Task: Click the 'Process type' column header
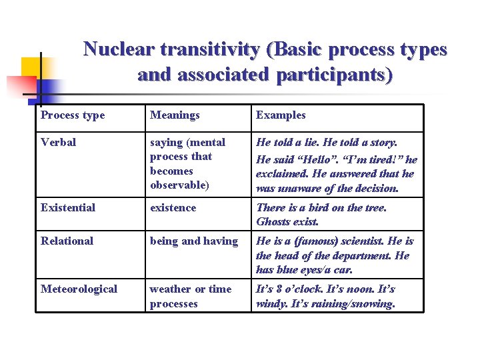tap(73, 115)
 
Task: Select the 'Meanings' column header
tap(175, 115)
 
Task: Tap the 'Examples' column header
tap(281, 115)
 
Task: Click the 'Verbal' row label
tap(59, 143)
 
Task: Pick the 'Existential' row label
tap(68, 208)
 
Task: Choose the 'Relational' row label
tap(67, 241)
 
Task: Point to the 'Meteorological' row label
tap(79, 289)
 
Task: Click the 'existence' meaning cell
tap(173, 208)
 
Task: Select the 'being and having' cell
tap(194, 241)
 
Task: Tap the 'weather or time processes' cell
tap(191, 296)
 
